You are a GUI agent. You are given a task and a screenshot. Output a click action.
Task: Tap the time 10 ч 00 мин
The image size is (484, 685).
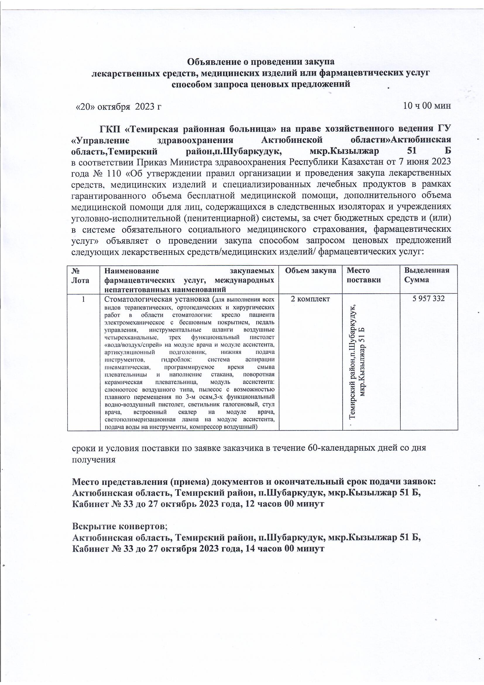click(426, 105)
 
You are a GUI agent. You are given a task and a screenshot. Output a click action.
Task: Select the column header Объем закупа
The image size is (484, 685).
click(310, 271)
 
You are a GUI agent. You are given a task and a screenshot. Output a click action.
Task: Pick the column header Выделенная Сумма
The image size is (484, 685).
click(426, 275)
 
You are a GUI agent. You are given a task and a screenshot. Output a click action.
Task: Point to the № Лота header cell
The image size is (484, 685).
click(80, 275)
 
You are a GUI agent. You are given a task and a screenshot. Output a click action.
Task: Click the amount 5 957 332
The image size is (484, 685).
click(428, 298)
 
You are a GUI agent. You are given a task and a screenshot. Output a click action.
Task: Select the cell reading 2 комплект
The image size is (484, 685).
click(310, 299)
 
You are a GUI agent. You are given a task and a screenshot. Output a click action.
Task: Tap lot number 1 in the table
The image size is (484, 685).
click(83, 299)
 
